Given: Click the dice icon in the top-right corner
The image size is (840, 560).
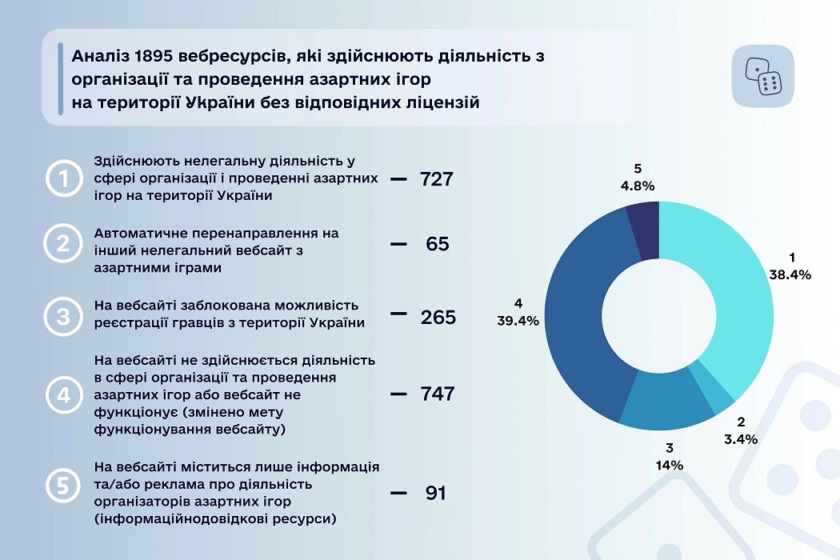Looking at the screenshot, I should [x=762, y=77].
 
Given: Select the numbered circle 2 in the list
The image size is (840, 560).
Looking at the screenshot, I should [x=63, y=244].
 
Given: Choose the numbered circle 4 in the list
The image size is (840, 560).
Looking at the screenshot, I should [x=63, y=394].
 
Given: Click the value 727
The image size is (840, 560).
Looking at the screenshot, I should [x=437, y=179].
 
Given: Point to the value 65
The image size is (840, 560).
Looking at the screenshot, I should [x=437, y=244].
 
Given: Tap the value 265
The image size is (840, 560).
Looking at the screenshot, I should [x=438, y=318].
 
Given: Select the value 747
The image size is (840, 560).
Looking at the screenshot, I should [x=437, y=394].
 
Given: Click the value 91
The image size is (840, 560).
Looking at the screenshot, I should [x=435, y=493].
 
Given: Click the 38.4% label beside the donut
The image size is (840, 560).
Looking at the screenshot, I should [x=791, y=274].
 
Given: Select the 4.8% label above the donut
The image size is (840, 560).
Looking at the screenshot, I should [x=637, y=186].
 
